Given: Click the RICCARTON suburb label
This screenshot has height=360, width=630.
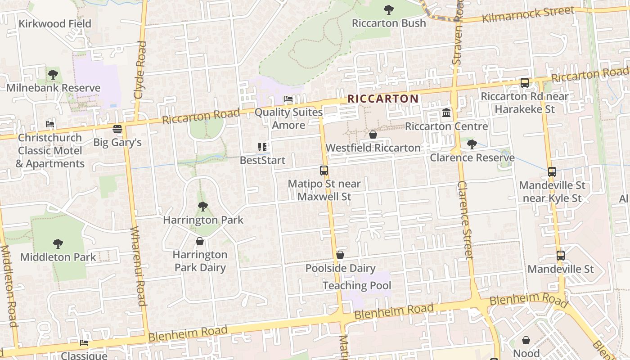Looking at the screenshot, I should click(x=383, y=99).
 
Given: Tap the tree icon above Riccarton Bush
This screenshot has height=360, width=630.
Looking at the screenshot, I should click(x=388, y=10).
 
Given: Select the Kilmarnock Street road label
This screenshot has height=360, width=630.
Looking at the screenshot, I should click(x=528, y=14).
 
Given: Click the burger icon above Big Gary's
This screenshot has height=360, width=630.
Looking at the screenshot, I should click(x=117, y=130).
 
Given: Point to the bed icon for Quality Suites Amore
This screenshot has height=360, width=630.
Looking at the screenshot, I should click(x=288, y=99).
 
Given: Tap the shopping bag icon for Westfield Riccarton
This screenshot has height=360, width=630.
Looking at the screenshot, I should click(x=373, y=135).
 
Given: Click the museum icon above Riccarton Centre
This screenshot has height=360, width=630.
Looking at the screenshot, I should click(x=446, y=113).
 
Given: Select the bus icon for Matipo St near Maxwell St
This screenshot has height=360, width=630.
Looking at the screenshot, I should click(x=324, y=171).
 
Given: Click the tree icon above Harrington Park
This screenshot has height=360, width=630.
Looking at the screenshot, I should click(x=203, y=207).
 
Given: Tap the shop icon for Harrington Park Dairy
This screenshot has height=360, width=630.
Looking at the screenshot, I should click(x=200, y=242).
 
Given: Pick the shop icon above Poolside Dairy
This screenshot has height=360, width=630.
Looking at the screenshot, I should click(x=340, y=255).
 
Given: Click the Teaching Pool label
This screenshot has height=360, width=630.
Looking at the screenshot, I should click(x=357, y=285).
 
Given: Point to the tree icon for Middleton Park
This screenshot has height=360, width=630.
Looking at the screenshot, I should click(x=58, y=244).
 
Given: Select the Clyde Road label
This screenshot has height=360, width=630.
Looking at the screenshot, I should click(x=140, y=70).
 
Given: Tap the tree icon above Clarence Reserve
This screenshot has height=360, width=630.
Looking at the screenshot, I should click(x=472, y=144).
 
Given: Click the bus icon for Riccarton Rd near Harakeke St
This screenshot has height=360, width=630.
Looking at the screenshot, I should click(x=524, y=83).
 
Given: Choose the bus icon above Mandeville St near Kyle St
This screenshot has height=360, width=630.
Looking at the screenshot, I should click(x=552, y=172).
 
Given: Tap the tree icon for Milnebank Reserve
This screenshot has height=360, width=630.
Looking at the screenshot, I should click(x=53, y=75).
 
